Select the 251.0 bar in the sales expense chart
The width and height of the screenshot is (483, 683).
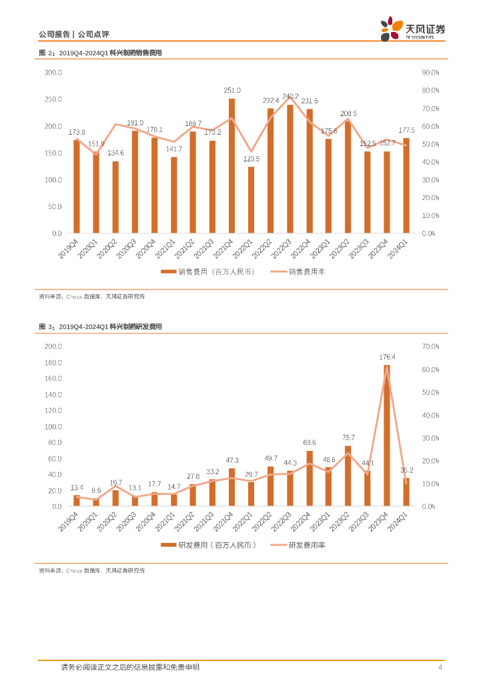231,166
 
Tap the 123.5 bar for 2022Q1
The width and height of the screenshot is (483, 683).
251,200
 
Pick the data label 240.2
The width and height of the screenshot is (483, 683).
290,97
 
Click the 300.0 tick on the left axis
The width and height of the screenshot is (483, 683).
53,72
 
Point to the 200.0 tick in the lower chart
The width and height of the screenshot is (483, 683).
53,346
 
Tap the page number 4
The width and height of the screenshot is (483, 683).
440,668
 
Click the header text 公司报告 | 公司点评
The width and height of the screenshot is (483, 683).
68,35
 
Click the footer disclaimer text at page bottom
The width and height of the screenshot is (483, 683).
130,667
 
